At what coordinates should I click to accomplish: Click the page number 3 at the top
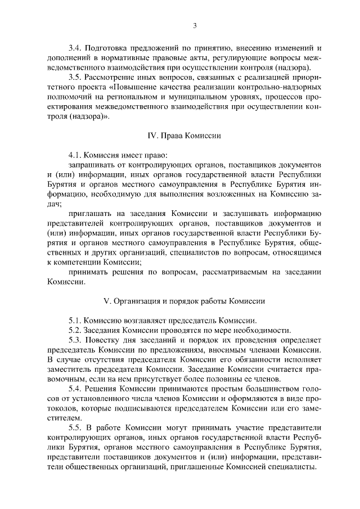point(194,25)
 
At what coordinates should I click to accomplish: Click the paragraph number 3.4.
point(75,49)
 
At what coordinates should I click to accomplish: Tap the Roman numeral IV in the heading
point(151,136)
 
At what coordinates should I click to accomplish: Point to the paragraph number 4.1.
point(75,155)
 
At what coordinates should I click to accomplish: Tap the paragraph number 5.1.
point(75,319)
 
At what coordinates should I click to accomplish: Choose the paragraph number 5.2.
point(75,330)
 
